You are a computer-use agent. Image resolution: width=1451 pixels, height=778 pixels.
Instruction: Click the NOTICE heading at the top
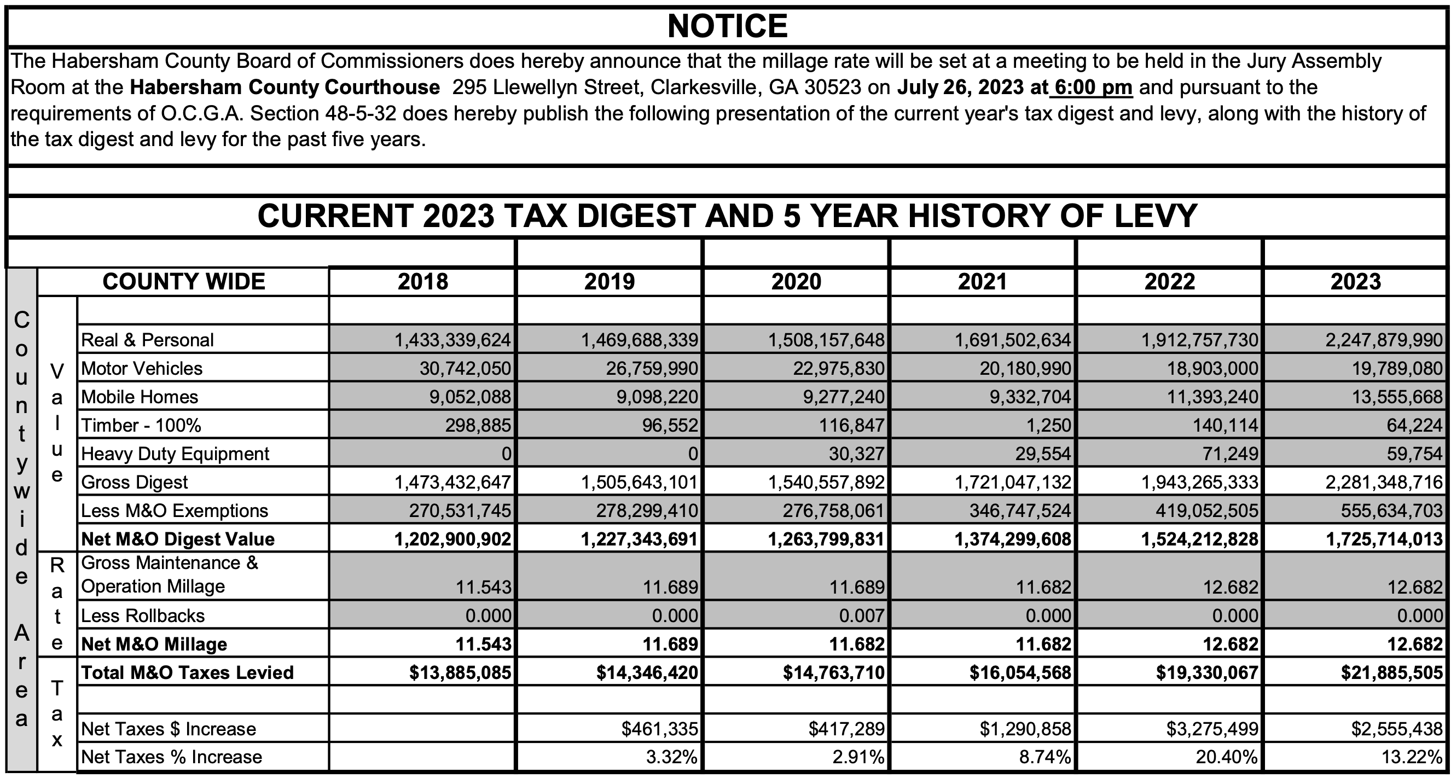727,26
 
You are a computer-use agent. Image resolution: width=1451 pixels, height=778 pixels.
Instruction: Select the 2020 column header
796,282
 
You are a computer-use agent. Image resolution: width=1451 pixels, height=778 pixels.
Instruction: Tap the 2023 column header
1356,282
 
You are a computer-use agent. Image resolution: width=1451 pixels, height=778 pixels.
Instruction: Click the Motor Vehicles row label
141,368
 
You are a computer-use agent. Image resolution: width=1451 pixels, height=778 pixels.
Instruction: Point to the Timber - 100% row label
141,425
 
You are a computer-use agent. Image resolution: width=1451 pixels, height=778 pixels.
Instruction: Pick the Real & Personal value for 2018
452,340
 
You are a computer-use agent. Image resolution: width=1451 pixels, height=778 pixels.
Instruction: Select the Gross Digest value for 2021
1013,482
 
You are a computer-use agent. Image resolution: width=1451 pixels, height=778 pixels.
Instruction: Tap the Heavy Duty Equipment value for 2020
856,454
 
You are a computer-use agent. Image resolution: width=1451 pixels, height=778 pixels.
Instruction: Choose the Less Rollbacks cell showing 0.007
862,616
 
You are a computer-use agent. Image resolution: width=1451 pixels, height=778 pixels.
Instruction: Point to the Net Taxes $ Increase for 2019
660,729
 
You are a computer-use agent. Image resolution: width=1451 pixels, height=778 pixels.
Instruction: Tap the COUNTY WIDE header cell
184,282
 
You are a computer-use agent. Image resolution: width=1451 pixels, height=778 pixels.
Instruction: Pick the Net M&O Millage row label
154,645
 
